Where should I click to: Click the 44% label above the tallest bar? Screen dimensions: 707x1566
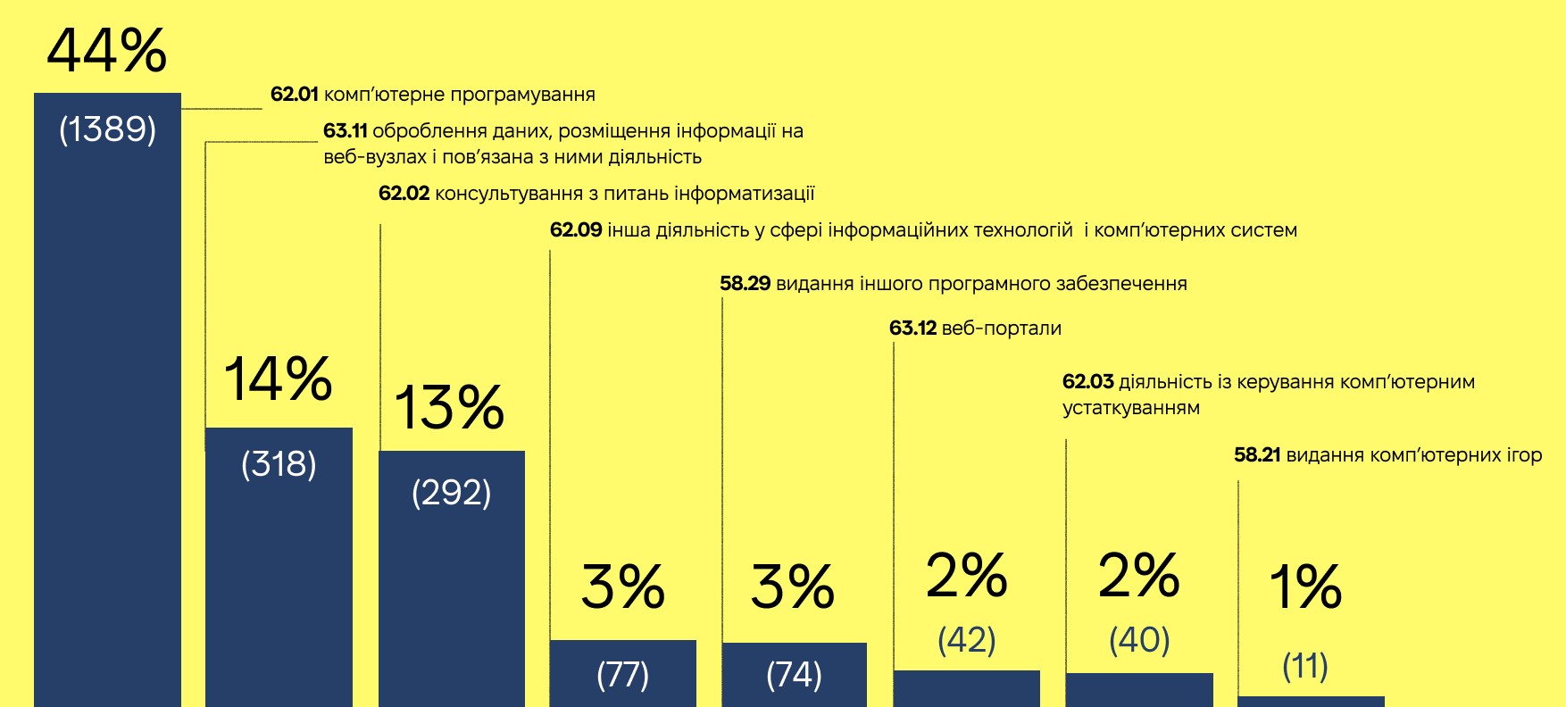[x=106, y=51]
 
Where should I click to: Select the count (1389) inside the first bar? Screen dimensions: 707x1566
[x=107, y=129]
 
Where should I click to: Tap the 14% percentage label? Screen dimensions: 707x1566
[x=278, y=378]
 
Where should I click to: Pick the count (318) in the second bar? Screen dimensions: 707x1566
[x=279, y=464]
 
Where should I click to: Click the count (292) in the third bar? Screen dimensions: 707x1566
[x=451, y=493]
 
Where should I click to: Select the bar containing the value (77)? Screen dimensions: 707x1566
[x=622, y=674]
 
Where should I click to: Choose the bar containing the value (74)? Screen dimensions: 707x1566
[x=794, y=675]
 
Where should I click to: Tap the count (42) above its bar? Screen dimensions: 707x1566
[x=967, y=639]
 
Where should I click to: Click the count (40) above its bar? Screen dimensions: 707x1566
[x=1139, y=639]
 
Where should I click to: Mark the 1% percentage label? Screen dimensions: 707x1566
[x=1305, y=586]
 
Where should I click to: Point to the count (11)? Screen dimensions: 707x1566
[x=1305, y=666]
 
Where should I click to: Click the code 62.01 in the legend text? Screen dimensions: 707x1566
[x=294, y=95]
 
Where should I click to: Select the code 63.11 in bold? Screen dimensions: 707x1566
[x=345, y=131]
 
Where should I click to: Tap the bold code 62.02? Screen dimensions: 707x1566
[x=404, y=194]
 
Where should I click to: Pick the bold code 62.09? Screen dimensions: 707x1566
[x=576, y=230]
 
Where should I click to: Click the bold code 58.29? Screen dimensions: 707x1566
[x=745, y=284]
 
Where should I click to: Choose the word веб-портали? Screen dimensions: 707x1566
[x=1001, y=329]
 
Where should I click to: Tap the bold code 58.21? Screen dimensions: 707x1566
[x=1257, y=455]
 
